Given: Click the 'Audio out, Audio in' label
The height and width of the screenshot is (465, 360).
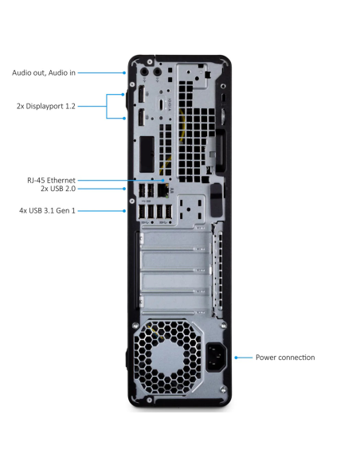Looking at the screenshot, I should [x=44, y=72].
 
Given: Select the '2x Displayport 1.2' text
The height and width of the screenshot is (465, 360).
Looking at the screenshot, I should [x=46, y=105].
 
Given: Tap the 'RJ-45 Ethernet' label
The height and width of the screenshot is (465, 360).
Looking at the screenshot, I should [x=51, y=181].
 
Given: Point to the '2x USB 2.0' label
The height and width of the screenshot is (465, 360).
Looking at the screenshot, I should [x=57, y=190].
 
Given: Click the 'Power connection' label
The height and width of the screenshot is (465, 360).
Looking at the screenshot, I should [x=285, y=358].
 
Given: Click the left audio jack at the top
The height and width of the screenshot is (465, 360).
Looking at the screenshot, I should [x=145, y=72].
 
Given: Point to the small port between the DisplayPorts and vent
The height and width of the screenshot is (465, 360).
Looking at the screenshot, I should [x=162, y=105].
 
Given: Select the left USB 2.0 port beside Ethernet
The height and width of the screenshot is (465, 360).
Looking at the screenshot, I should [x=144, y=190].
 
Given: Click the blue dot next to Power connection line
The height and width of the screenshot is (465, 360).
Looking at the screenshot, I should [x=237, y=358].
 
